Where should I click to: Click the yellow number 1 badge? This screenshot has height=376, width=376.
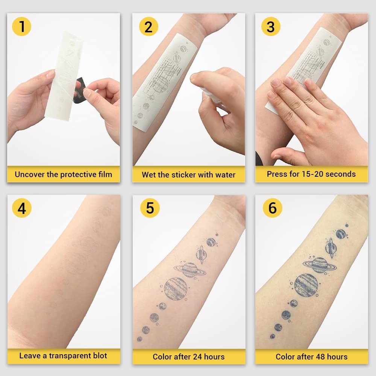click(22, 27)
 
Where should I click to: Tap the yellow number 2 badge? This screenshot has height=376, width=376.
click(149, 27)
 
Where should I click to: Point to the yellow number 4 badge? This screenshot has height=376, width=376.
click(22, 208)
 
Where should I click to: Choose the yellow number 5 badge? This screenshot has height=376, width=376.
click(150, 208)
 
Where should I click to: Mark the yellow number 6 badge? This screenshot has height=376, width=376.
click(273, 208)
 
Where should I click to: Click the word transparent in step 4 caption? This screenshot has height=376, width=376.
click(70, 356)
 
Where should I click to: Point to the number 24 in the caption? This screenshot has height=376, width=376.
click(196, 357)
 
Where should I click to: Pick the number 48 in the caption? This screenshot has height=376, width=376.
click(319, 357)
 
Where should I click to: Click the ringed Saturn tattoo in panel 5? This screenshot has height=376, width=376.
click(190, 269)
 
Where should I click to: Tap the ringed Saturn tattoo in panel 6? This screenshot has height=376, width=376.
click(320, 264)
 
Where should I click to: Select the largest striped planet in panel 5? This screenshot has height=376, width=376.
click(176, 288)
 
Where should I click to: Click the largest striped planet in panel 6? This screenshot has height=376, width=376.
click(306, 285)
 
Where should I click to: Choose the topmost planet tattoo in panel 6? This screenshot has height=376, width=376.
click(341, 234)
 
